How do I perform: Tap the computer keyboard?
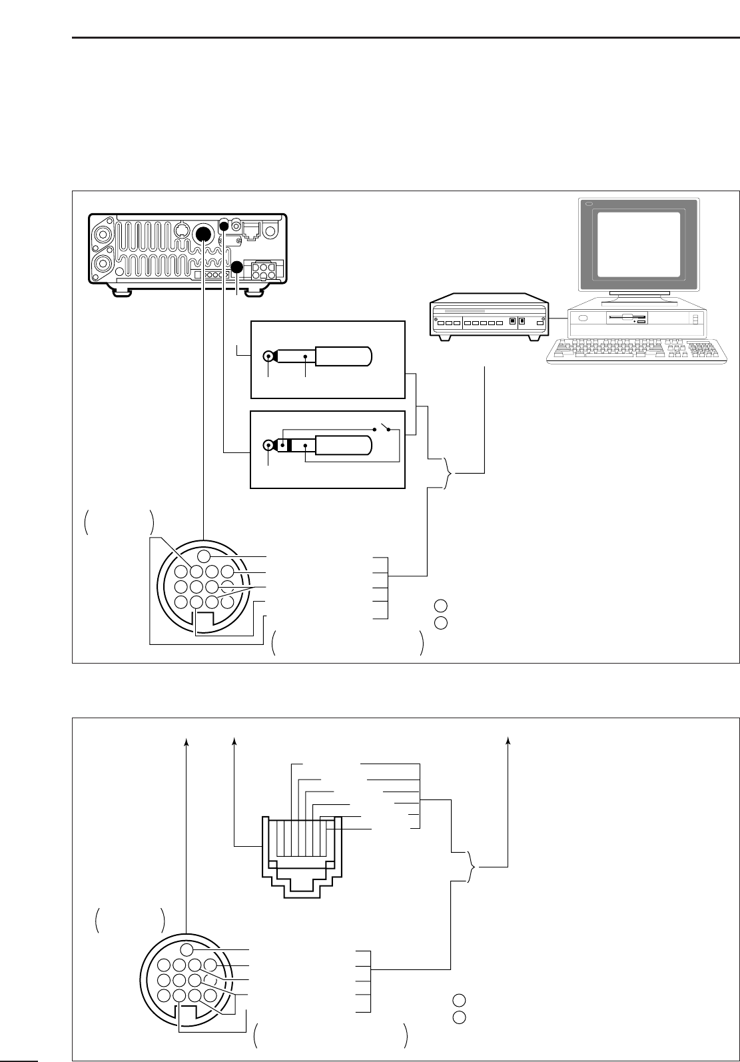coord(635,350)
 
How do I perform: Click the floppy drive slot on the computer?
coord(627,318)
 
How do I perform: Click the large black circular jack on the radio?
coord(203,234)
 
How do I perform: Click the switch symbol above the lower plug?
coord(382,427)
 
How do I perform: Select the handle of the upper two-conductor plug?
coord(343,356)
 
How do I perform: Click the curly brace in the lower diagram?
coord(473,867)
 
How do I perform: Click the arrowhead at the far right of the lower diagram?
coord(509,741)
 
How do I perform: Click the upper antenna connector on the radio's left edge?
coord(103,235)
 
